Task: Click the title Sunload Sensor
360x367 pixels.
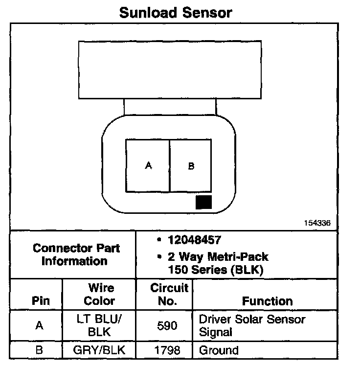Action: tap(176, 12)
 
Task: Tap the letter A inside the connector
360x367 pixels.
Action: tap(149, 165)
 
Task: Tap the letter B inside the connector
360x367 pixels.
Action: tap(191, 166)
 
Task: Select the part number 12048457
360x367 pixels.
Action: tap(194, 240)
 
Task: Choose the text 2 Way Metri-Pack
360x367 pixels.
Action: tap(218, 257)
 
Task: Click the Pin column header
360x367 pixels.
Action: tap(41, 301)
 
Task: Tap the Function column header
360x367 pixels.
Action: tap(268, 301)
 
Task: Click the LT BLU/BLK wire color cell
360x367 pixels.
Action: tap(99, 325)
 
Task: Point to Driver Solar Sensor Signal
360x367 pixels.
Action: tap(252, 325)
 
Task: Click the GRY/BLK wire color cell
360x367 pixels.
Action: tap(99, 350)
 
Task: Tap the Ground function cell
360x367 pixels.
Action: tap(219, 350)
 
